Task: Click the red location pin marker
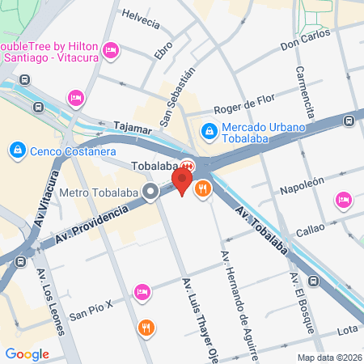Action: point(184,180)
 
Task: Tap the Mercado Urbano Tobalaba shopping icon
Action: point(209,129)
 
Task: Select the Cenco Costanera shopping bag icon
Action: point(17,150)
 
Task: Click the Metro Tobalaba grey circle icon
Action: point(150,193)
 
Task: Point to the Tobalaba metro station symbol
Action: point(187,163)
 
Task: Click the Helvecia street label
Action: point(140,17)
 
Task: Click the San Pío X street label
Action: point(91,310)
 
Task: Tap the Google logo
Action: point(27,353)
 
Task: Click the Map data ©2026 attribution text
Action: point(329,358)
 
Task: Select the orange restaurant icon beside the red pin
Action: point(202,189)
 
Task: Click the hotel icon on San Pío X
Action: point(142,291)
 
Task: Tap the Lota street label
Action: point(346,329)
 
